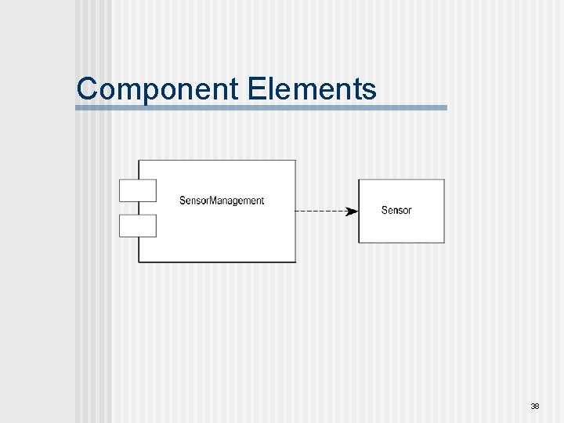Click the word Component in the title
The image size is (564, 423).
(x=157, y=89)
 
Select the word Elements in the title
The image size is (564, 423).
(x=311, y=89)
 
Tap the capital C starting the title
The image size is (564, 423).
(x=86, y=89)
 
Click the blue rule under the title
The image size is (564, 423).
(x=261, y=107)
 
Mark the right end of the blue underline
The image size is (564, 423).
(x=446, y=107)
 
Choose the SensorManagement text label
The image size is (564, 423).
(x=222, y=201)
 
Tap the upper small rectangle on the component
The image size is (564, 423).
(x=138, y=190)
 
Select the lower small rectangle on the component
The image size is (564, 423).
(x=138, y=226)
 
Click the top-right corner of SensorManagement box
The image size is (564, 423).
(x=296, y=161)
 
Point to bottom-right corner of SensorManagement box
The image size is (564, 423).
(x=296, y=262)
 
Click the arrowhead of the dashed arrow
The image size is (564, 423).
(x=352, y=211)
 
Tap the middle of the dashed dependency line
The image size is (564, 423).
(x=323, y=211)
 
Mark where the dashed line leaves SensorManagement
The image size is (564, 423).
(x=297, y=211)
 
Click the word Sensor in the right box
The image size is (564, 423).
(x=396, y=210)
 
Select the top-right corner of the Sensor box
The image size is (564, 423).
(x=444, y=180)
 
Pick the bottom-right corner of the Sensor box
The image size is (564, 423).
(x=444, y=242)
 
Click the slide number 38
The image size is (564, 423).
(x=535, y=406)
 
